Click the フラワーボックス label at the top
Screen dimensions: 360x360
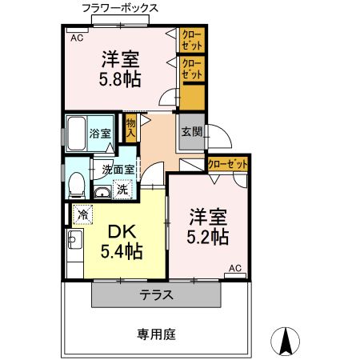point(120,8)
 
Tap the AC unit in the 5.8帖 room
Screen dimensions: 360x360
point(77,37)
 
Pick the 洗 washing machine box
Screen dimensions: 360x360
point(122,190)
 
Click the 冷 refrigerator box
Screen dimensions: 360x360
point(82,214)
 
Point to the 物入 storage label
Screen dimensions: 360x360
point(130,126)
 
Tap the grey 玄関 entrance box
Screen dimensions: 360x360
point(190,132)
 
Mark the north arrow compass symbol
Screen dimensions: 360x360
point(285,342)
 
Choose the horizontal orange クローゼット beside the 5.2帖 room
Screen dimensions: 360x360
point(227,164)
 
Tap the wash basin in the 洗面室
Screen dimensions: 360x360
point(102,192)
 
